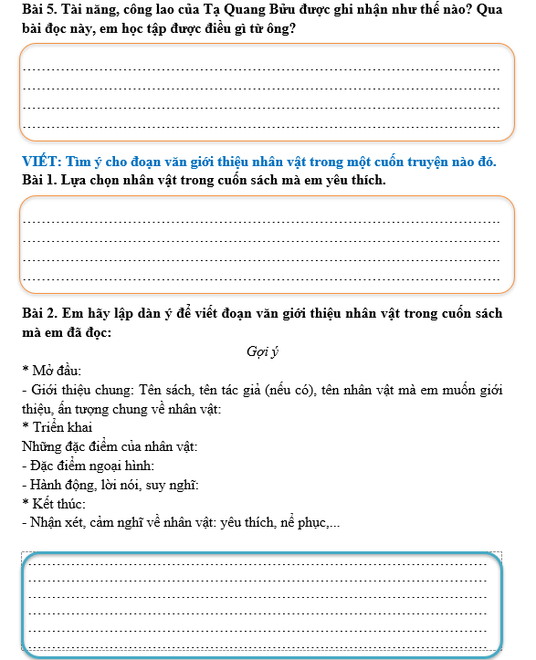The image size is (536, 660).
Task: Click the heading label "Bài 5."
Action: [39, 12]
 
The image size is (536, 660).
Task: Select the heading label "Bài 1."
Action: [39, 180]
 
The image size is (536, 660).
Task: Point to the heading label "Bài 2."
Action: [39, 313]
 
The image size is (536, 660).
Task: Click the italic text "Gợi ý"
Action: [262, 351]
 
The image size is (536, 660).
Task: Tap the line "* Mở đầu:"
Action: [52, 371]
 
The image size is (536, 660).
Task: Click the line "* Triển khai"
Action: [57, 427]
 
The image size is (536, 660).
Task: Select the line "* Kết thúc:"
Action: [54, 504]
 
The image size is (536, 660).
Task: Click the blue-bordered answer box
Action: [263, 602]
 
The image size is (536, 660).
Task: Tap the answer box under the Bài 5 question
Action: [261, 95]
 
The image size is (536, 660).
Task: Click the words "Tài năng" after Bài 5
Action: [98, 12]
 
